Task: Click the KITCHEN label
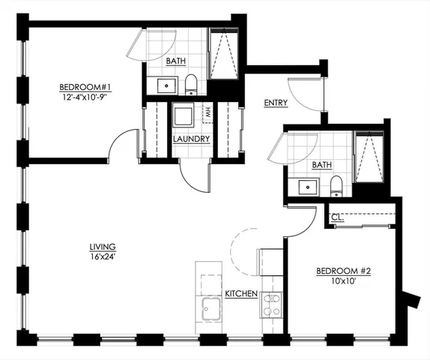(x=241, y=294)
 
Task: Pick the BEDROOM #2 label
(x=342, y=271)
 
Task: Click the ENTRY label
(x=276, y=102)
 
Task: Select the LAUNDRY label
(x=190, y=139)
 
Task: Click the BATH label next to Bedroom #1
(x=176, y=62)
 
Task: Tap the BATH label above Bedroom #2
(x=321, y=165)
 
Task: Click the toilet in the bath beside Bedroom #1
(x=190, y=84)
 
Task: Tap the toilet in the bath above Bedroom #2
(x=336, y=186)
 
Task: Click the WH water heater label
(x=205, y=115)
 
